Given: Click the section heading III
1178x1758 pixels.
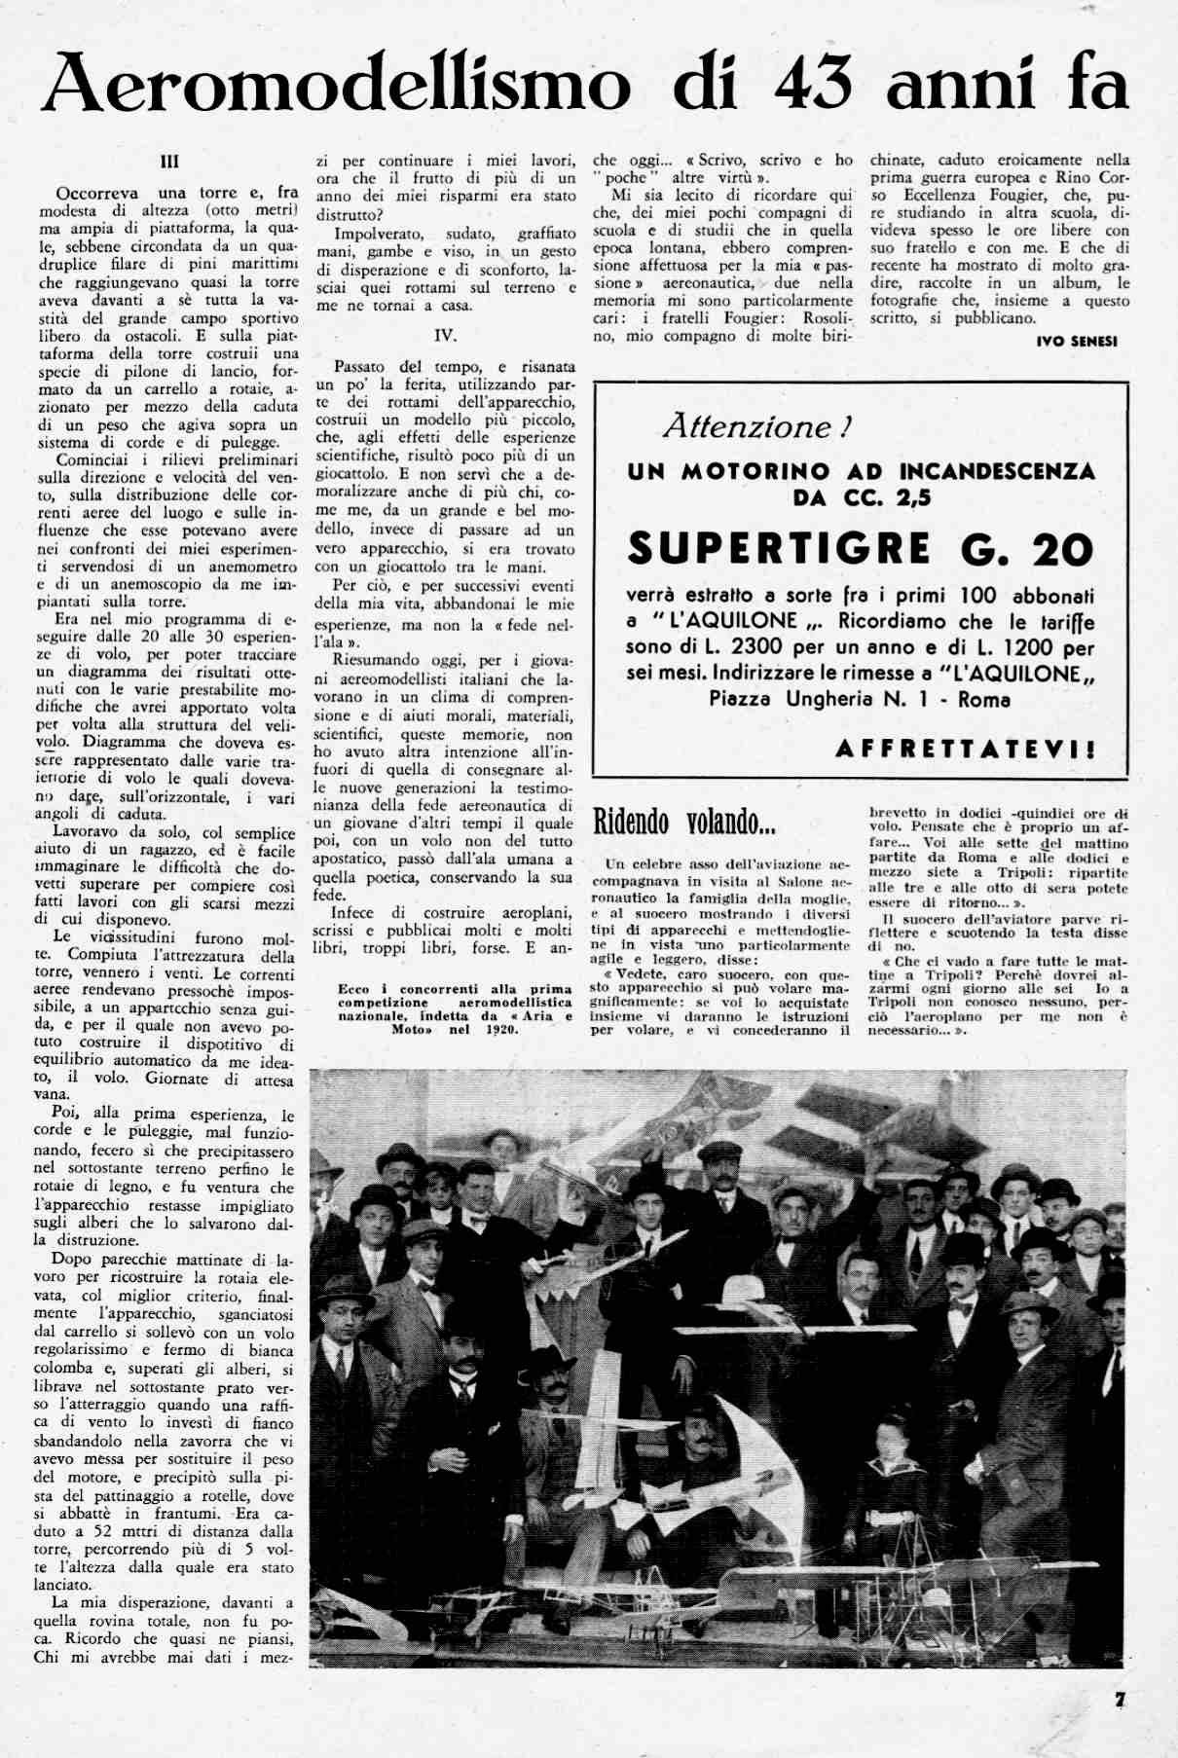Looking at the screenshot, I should click(x=169, y=162).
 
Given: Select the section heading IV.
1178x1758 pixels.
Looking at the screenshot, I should click(x=445, y=335).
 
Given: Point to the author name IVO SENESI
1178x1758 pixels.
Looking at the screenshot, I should click(x=1077, y=342).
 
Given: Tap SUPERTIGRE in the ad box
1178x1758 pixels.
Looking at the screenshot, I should click(x=780, y=551).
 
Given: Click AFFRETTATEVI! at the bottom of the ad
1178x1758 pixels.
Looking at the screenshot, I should click(x=965, y=750).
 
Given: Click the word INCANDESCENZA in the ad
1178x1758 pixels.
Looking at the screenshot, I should click(x=997, y=472).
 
